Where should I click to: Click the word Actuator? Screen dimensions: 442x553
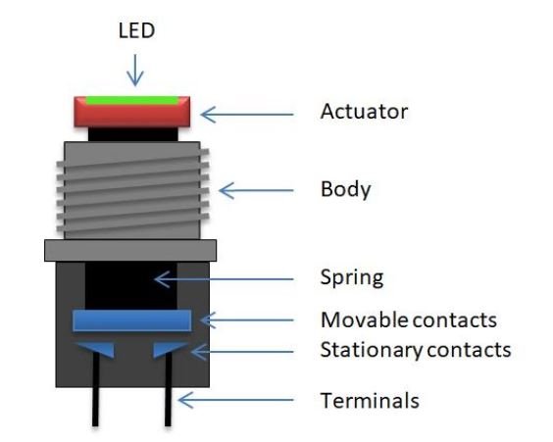[x=363, y=112]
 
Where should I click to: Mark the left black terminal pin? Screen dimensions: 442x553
[x=95, y=392]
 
